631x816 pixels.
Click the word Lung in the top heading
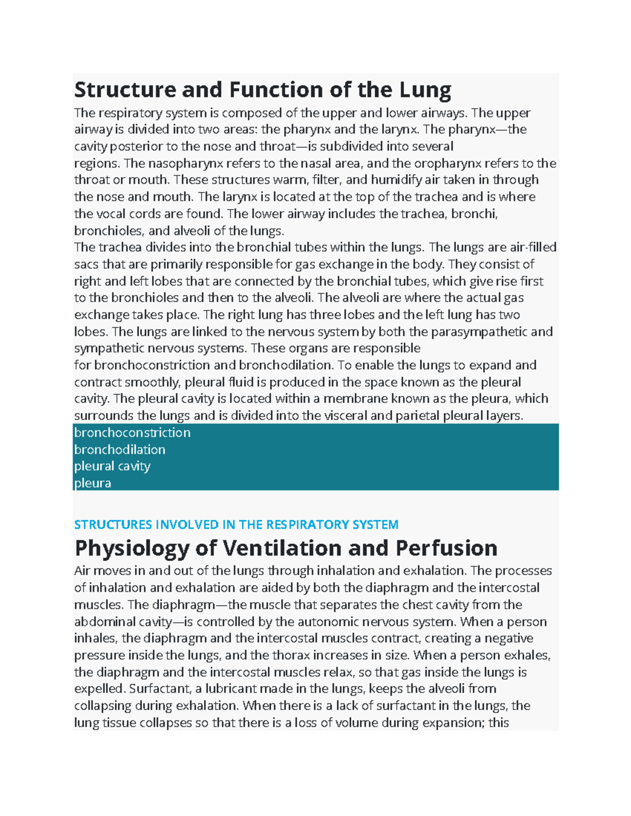425,90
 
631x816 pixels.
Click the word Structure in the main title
125,90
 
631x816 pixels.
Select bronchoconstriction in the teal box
132,432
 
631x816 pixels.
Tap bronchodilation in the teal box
119,449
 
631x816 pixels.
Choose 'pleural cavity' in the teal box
112,466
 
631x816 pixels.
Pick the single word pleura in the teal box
93,483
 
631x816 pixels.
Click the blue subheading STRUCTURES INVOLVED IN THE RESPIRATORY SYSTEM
236,524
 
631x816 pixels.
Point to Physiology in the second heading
131,548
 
